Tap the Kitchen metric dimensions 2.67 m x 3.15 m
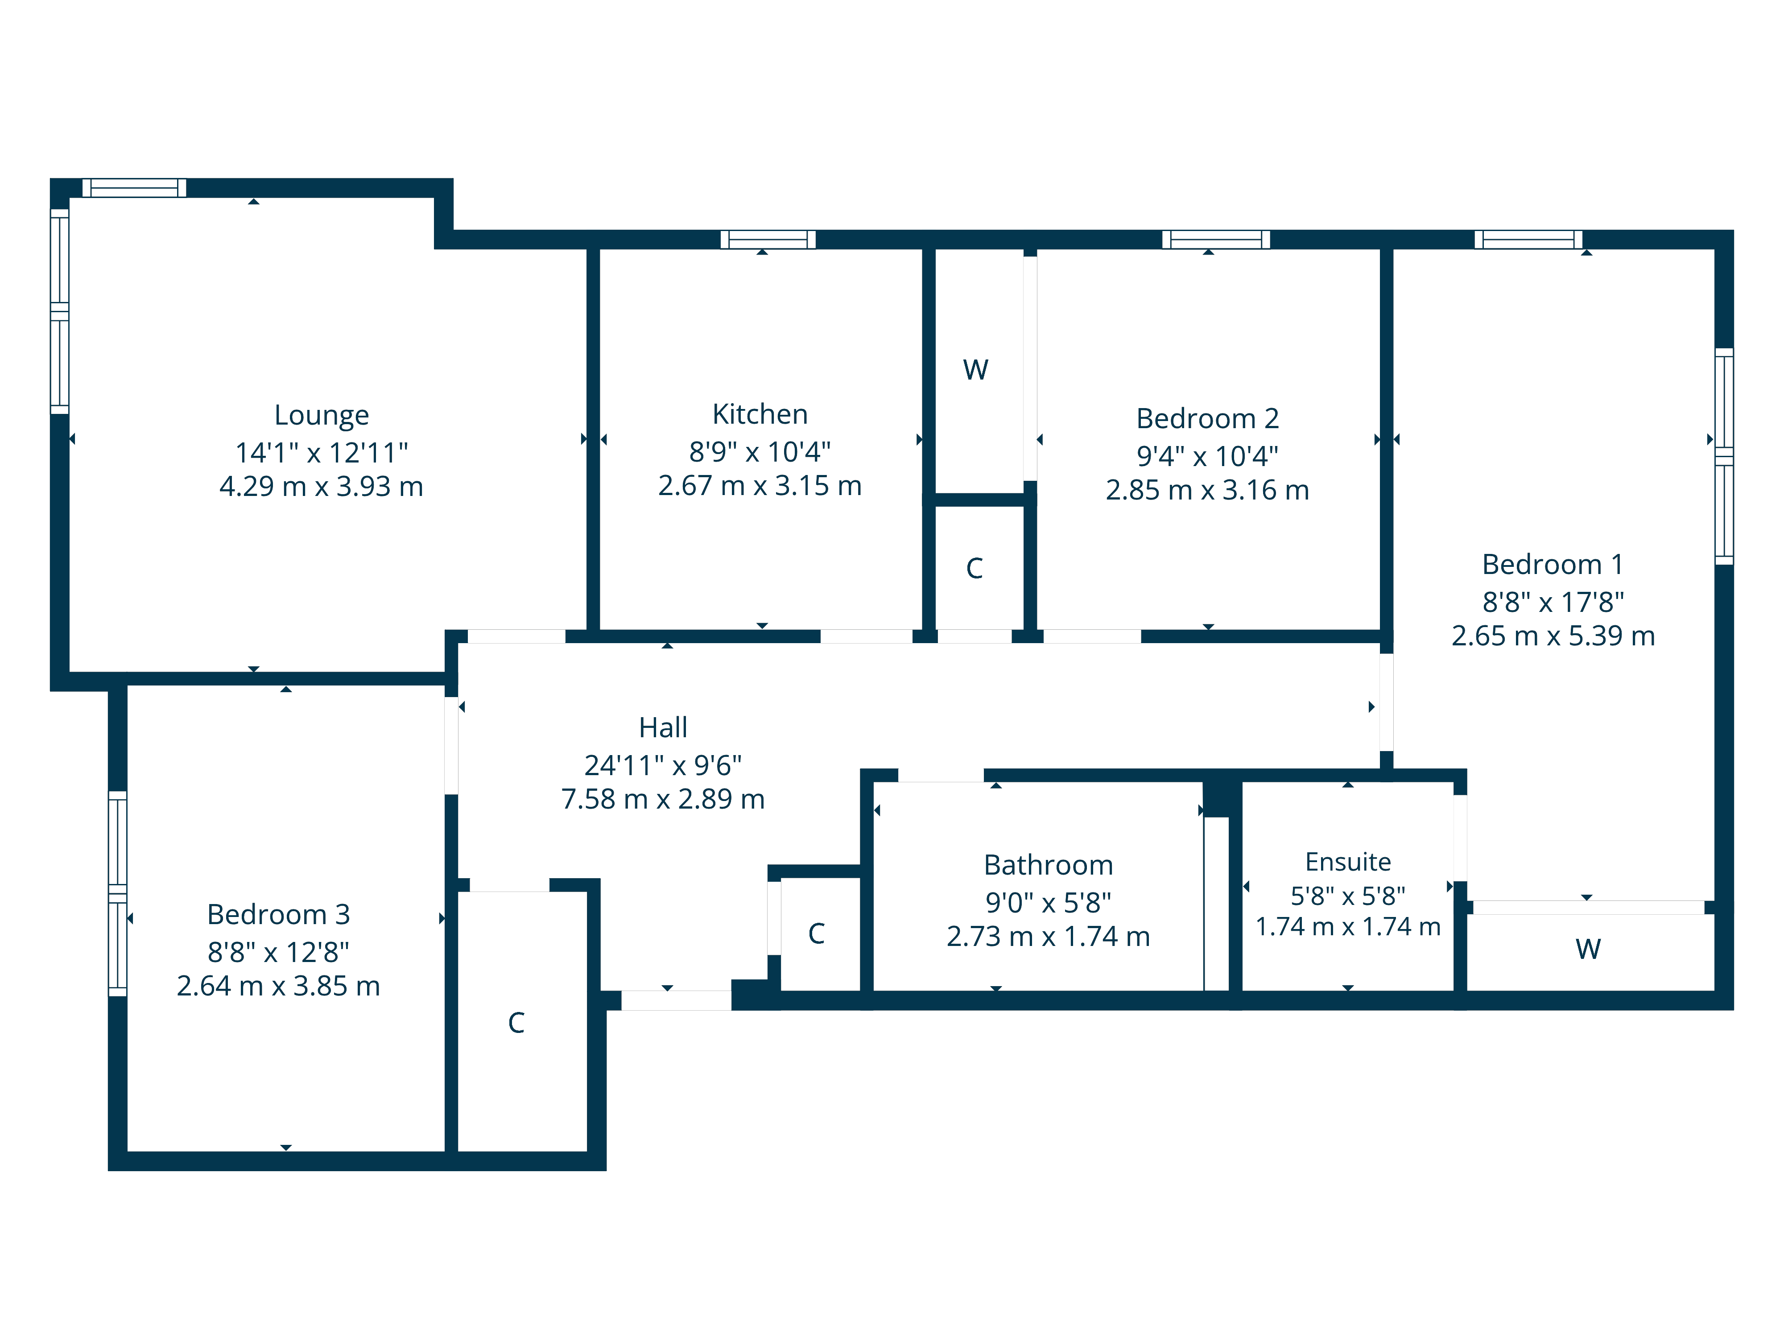(760, 486)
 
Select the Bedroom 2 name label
(1207, 419)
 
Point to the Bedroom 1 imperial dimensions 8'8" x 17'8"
(1553, 602)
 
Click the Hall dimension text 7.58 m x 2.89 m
(662, 799)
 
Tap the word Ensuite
(1348, 862)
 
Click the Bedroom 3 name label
(278, 915)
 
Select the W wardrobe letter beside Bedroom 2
(975, 370)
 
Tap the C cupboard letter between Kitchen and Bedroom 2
(974, 569)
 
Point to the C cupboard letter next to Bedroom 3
(516, 1023)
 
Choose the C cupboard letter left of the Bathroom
(816, 934)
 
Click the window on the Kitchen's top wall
(768, 240)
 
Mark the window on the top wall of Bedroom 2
(1215, 240)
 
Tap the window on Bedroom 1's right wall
(1723, 456)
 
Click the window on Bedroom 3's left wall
(118, 894)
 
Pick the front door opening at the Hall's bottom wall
(676, 1000)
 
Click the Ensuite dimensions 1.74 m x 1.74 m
(1348, 927)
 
